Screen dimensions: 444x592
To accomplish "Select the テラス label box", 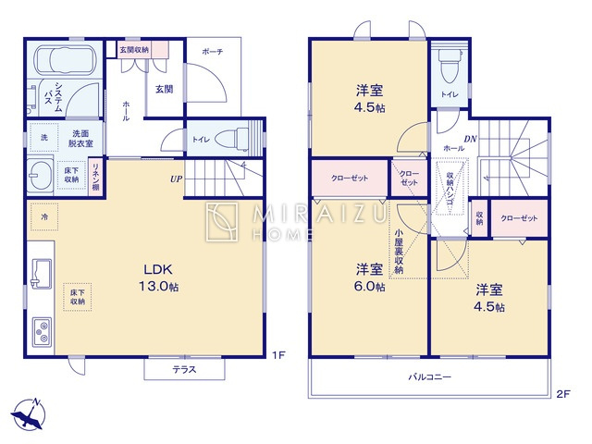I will point(184,370).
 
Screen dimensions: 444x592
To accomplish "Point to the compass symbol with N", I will point(31,413).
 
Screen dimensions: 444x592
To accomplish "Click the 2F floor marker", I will point(563,393).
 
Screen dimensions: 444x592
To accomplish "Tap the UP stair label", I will point(175,179).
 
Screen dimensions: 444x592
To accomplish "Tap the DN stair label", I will point(470,140).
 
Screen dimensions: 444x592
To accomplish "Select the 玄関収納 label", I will point(133,49).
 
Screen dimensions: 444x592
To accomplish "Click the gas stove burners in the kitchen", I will point(43,329).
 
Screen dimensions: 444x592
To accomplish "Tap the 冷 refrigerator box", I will point(43,216).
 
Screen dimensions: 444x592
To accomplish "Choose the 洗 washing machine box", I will point(43,138).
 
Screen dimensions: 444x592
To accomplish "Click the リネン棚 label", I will point(95,177).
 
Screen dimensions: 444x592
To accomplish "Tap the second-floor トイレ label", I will point(450,93).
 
